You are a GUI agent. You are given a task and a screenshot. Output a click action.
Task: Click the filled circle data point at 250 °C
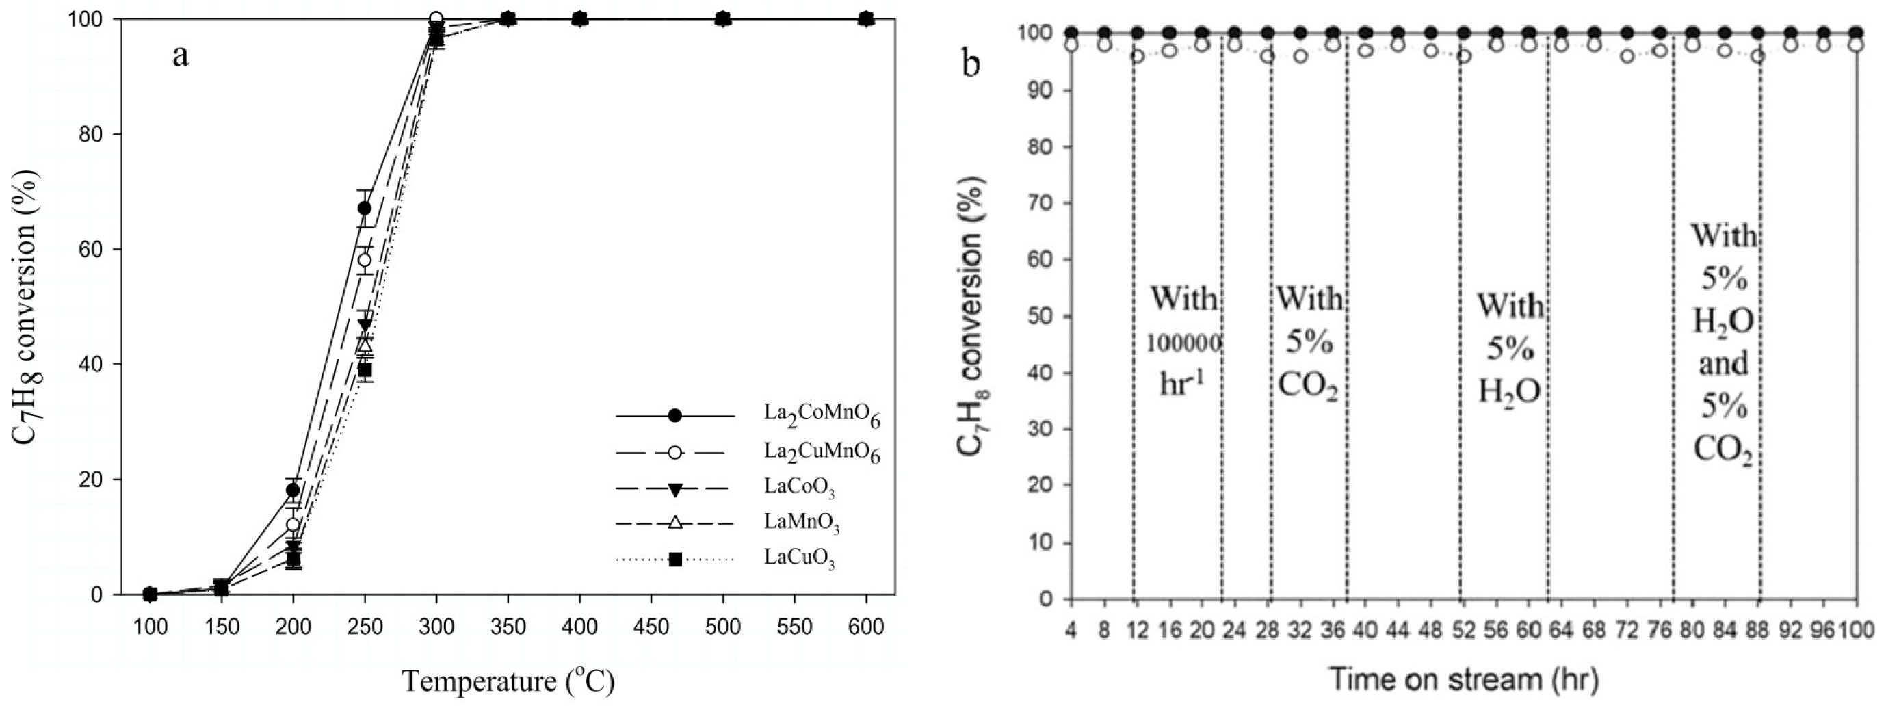(364, 208)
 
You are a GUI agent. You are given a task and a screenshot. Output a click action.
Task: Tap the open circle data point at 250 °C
(364, 260)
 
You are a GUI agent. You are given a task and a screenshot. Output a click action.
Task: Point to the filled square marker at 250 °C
(365, 370)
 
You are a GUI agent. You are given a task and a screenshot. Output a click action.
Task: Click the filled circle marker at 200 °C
(293, 490)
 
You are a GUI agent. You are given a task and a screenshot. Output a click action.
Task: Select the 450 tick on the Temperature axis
(651, 627)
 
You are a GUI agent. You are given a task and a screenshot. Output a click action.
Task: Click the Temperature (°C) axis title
(508, 681)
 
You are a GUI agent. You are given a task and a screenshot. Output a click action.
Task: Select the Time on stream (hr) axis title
(1463, 679)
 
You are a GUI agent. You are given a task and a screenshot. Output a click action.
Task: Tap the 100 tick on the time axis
(1855, 629)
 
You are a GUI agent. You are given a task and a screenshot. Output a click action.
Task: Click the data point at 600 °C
(866, 18)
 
